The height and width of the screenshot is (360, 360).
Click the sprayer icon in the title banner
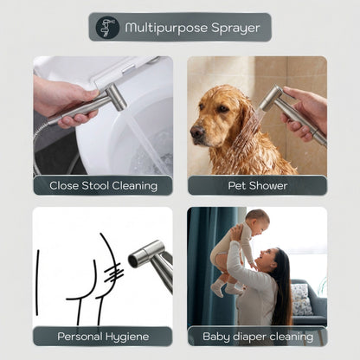(107, 27)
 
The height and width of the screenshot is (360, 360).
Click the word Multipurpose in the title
(157, 28)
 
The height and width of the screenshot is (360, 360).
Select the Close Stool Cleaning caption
(103, 185)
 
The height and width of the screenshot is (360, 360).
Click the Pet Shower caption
(256, 185)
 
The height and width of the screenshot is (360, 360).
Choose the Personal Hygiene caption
(103, 336)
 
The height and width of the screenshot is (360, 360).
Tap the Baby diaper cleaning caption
(256, 336)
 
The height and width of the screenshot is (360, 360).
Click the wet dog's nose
(196, 133)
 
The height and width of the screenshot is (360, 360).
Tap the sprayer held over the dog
(279, 103)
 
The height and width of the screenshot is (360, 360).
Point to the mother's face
(270, 262)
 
